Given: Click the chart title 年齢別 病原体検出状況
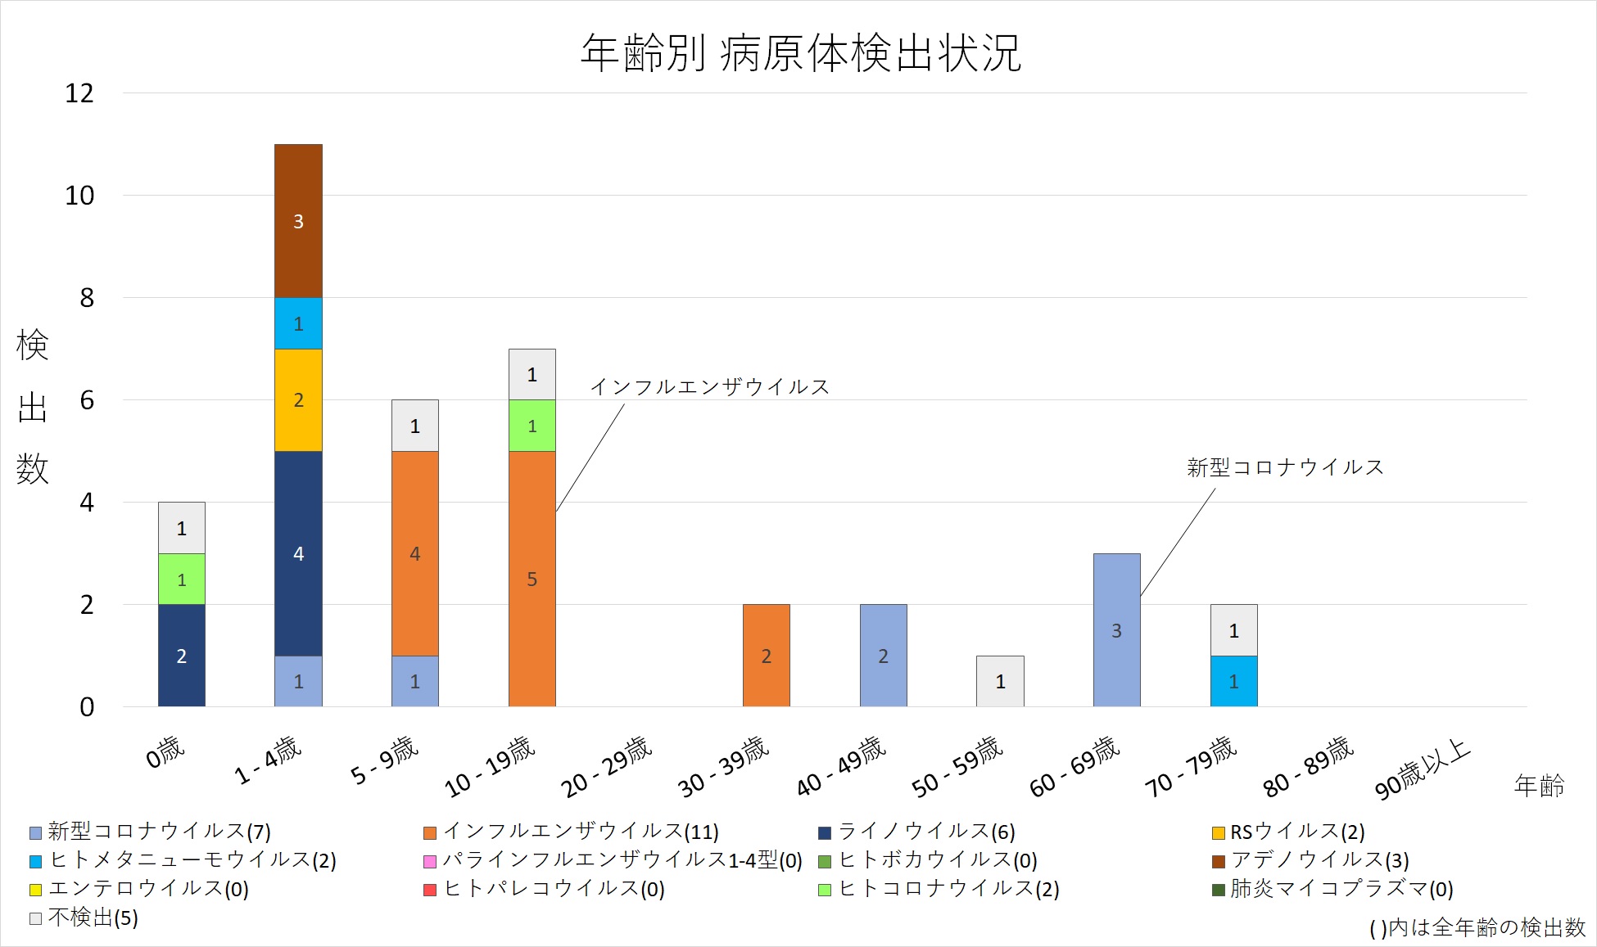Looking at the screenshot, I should click(801, 54).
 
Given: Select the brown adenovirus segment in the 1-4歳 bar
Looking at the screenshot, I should click(298, 221).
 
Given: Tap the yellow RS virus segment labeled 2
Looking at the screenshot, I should click(298, 400).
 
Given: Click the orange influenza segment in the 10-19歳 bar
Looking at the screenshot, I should click(532, 578).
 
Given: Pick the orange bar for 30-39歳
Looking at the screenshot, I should click(766, 655).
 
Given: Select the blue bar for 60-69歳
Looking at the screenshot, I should click(1116, 629).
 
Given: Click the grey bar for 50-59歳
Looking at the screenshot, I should click(1000, 681).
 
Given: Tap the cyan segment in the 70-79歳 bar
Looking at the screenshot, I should click(1233, 681).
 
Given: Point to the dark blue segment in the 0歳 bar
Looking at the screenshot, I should click(182, 655).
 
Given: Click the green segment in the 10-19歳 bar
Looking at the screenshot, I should click(532, 426).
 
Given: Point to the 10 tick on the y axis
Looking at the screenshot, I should click(79, 196).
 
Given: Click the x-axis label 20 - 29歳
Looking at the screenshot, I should click(607, 766).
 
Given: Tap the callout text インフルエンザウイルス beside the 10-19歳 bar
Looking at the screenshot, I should click(709, 386).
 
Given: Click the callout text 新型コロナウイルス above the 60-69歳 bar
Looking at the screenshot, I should click(1285, 467).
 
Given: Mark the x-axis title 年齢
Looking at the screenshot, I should click(1539, 786).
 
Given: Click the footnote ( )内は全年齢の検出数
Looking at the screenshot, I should click(1477, 927).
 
